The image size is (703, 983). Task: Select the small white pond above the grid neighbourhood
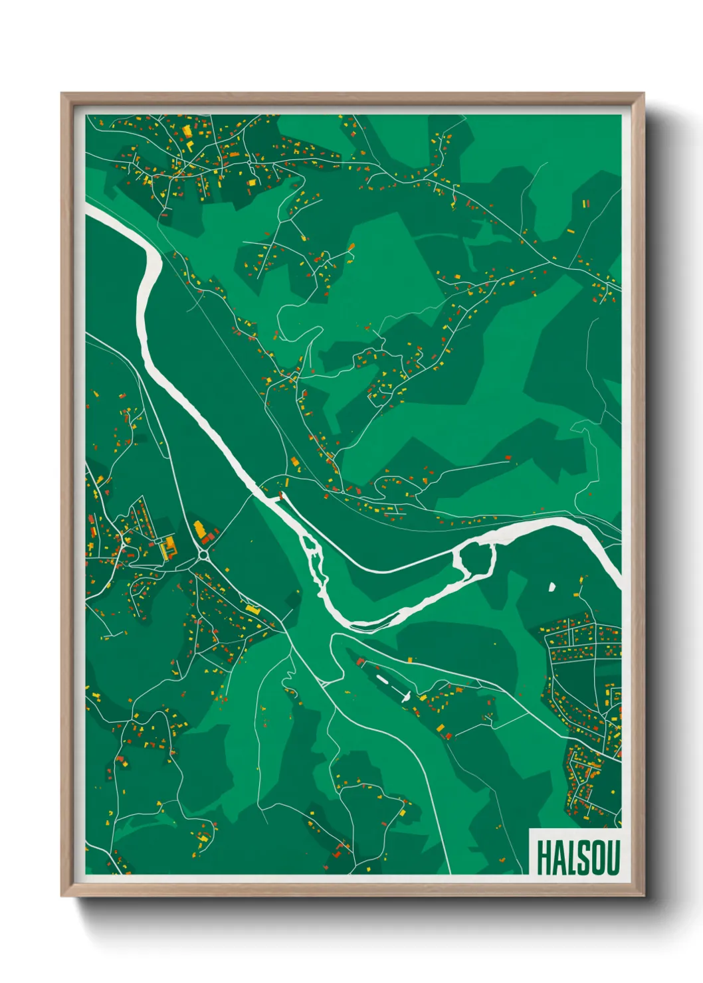coord(552,586)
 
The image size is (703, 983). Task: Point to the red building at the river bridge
coord(280,495)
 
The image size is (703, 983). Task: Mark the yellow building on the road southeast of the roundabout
coord(253,608)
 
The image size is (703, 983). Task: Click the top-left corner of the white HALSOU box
coord(530,830)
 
